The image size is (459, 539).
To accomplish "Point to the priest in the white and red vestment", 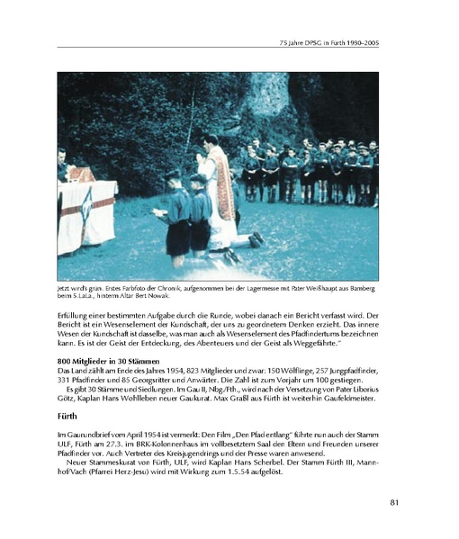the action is click(x=219, y=184).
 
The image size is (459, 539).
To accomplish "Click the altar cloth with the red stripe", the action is click(x=86, y=217).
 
